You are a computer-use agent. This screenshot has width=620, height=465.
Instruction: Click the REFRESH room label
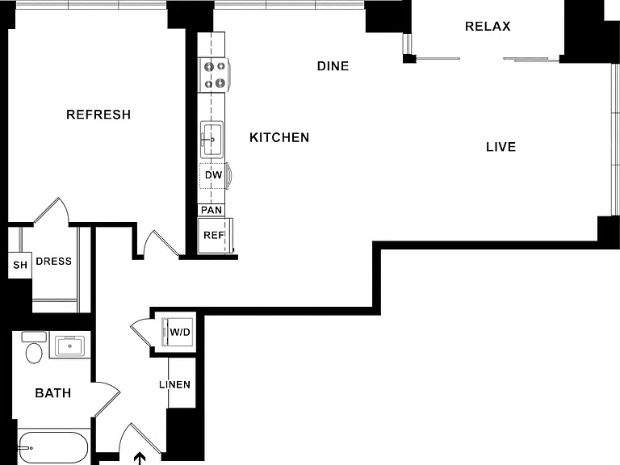click(98, 115)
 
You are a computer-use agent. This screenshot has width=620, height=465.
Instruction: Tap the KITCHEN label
click(279, 137)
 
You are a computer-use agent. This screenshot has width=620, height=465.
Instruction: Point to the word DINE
click(333, 66)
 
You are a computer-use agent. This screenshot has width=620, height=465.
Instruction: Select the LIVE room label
click(501, 147)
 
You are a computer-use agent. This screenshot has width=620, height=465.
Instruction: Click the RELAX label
click(488, 27)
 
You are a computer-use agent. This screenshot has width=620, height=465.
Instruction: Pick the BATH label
click(53, 393)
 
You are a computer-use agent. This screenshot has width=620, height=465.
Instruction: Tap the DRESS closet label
click(54, 262)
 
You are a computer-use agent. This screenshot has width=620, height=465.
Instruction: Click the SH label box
click(20, 265)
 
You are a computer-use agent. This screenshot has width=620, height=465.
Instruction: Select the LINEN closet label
click(174, 385)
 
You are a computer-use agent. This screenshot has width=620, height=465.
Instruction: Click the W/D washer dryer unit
click(178, 332)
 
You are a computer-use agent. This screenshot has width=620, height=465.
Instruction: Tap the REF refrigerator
click(215, 236)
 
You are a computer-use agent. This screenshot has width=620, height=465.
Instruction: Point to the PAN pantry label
click(212, 210)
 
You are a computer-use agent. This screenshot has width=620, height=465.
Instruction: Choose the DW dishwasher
click(214, 175)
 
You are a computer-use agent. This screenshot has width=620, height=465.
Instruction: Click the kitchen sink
click(212, 139)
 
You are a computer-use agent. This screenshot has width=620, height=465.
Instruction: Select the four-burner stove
click(214, 75)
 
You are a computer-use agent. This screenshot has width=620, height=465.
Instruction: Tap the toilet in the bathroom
click(34, 348)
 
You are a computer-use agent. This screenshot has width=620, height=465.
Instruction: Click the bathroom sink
click(69, 346)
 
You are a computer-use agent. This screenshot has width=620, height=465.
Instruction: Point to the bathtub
click(53, 448)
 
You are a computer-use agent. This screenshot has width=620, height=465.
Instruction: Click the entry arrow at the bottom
click(139, 459)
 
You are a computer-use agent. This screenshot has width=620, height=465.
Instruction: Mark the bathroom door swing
click(107, 400)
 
